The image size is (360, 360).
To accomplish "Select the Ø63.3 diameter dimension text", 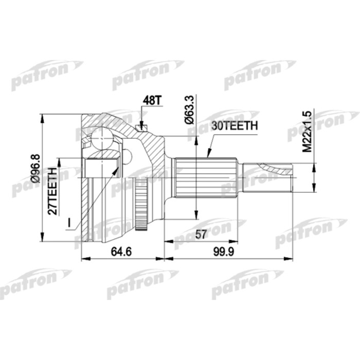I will point(189,109).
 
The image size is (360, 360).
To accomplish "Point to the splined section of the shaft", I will point(206,178).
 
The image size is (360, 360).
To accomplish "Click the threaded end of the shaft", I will point(267,178).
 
